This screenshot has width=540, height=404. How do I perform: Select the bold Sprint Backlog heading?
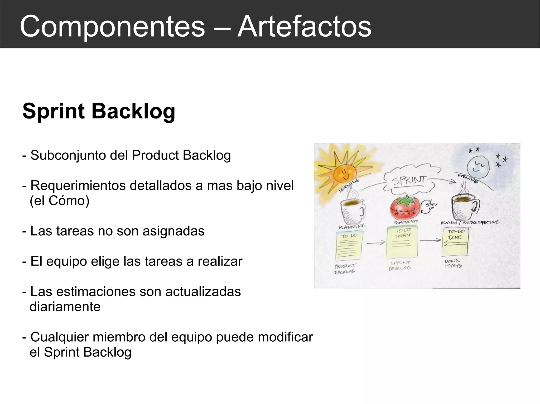tap(99, 111)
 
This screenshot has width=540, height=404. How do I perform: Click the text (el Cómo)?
tap(60, 201)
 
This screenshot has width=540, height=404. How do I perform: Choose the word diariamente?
tap(65, 307)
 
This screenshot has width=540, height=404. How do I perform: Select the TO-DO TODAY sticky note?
tap(402, 243)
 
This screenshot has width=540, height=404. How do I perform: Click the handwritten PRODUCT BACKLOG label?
tap(345, 269)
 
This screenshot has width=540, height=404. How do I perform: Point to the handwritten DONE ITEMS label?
tap(453, 263)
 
